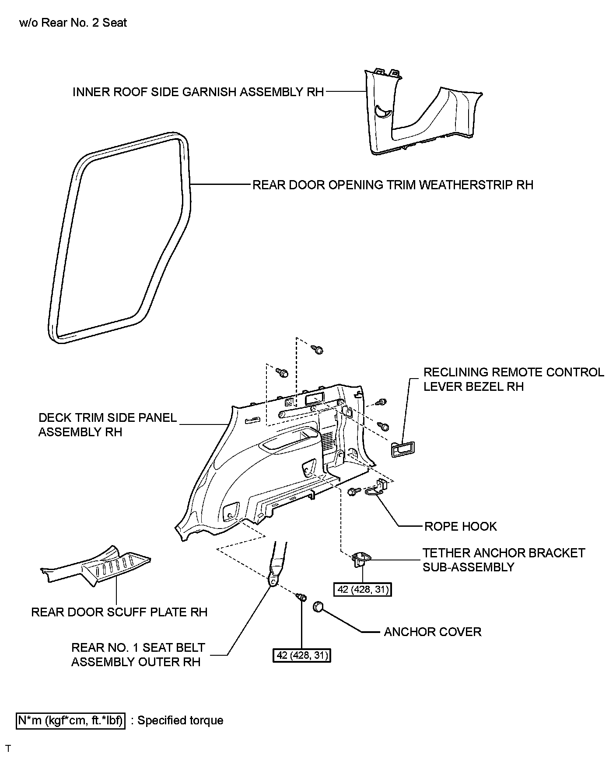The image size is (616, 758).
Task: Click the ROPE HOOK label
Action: [x=460, y=526]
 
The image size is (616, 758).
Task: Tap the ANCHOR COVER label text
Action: [x=432, y=632]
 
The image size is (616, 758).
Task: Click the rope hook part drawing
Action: [x=376, y=489]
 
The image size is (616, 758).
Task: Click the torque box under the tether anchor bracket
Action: [x=363, y=590]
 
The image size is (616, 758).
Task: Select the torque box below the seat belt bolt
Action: [x=301, y=655]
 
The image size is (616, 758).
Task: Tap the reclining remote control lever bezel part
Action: [x=403, y=449]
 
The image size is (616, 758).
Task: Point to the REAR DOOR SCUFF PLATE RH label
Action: [x=119, y=612]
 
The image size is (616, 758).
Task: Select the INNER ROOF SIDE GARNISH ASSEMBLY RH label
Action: [x=198, y=92]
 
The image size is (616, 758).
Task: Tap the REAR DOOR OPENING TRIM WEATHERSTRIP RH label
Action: [x=393, y=185]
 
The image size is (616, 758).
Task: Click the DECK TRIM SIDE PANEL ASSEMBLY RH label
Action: [x=107, y=424]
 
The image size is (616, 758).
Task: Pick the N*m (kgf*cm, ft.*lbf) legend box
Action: [x=71, y=720]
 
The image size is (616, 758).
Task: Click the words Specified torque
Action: [x=180, y=720]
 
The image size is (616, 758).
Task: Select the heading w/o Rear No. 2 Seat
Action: [x=73, y=23]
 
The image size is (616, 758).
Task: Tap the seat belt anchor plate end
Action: [x=273, y=581]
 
